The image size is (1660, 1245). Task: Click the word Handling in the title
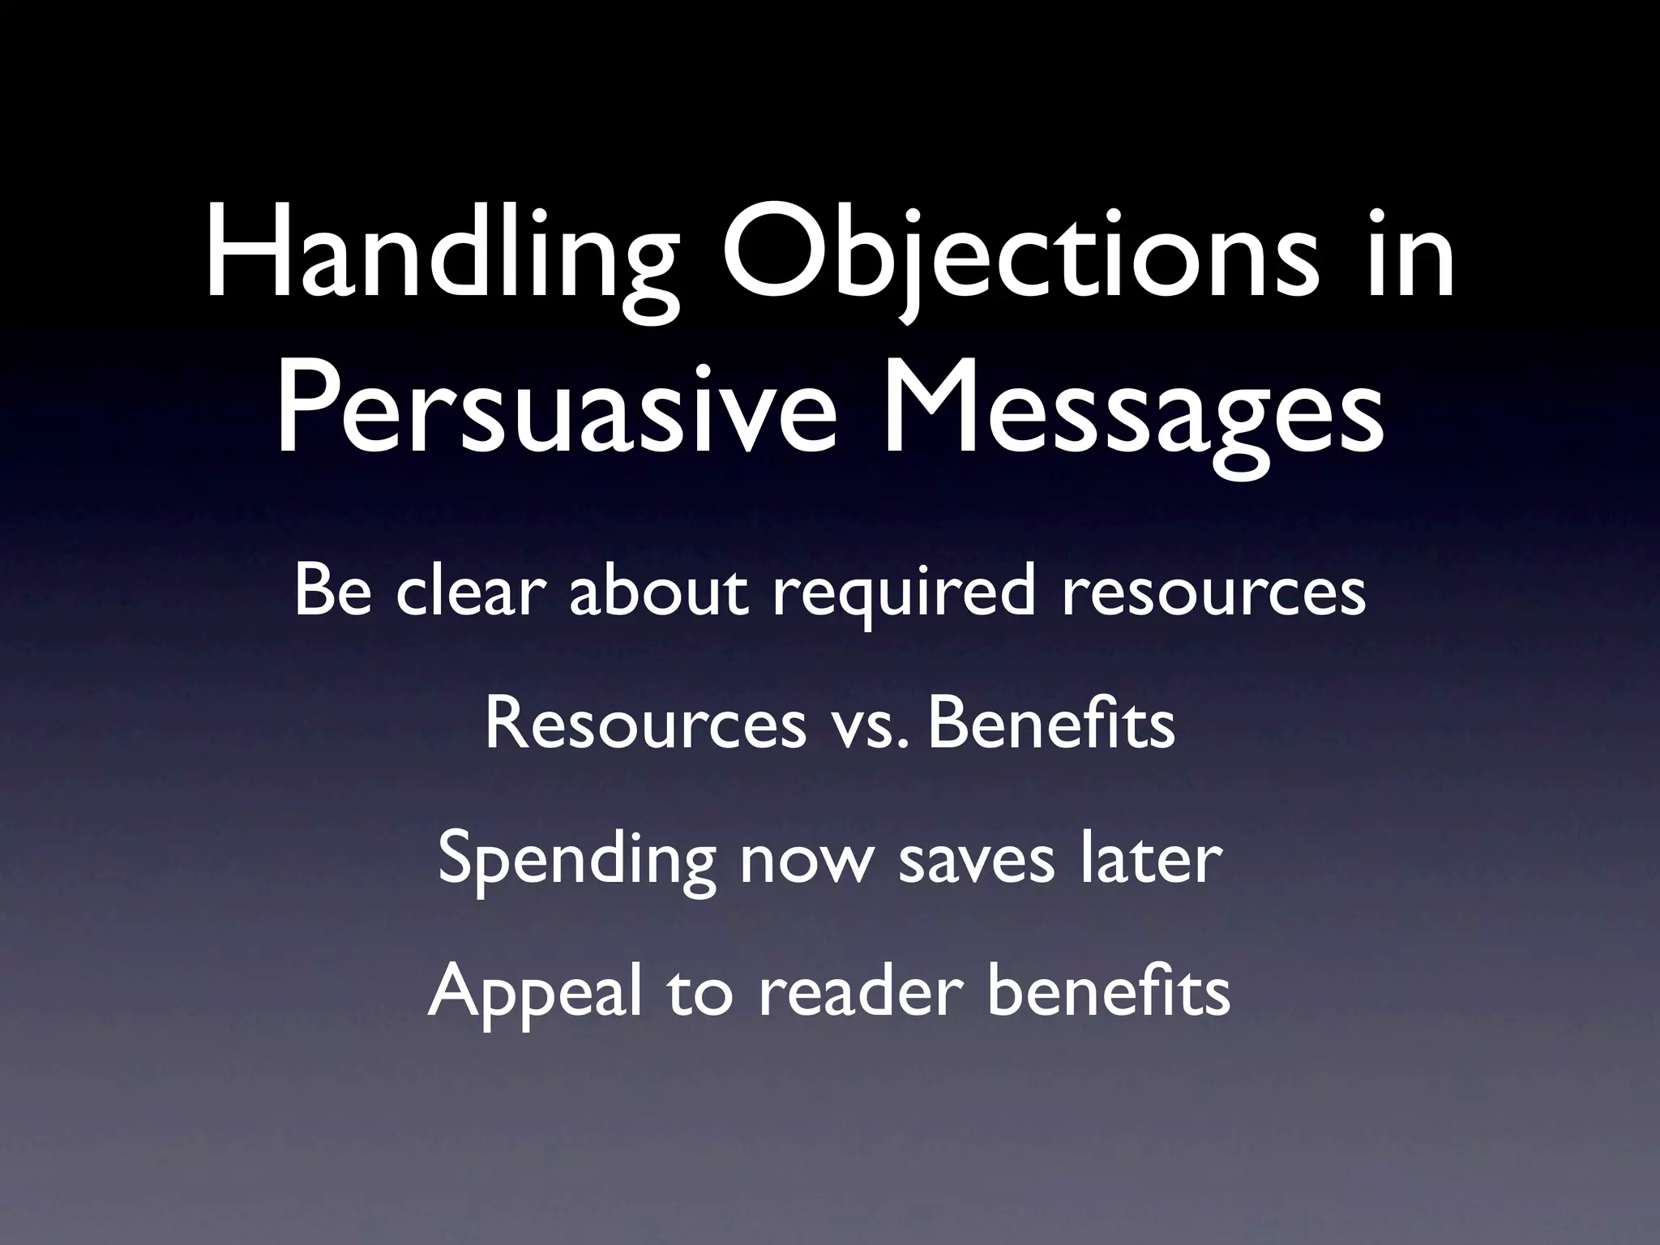pyautogui.click(x=442, y=259)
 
